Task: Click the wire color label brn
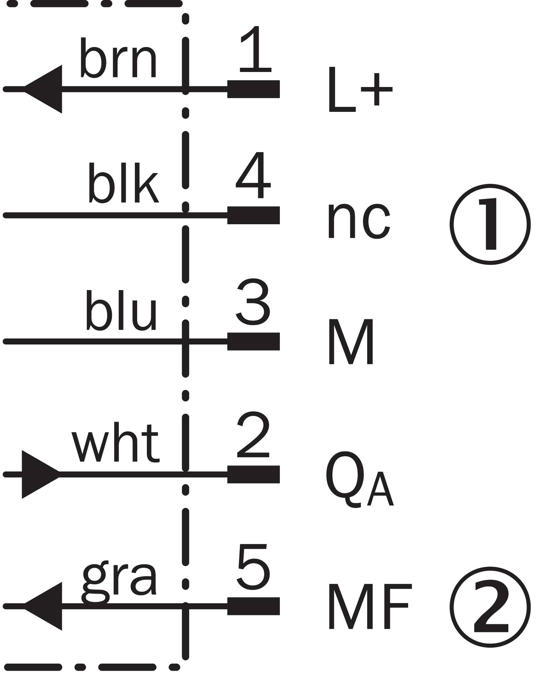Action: (118, 57)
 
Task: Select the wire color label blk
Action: (123, 182)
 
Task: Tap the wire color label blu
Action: (121, 310)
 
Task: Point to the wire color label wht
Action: (116, 442)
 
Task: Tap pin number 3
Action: (253, 302)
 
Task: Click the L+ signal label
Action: (360, 90)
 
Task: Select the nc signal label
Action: (359, 221)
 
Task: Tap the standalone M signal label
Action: (351, 342)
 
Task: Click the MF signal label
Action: (370, 606)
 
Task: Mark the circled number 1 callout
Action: (490, 224)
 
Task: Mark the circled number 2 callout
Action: (490, 607)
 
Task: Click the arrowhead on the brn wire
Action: (43, 89)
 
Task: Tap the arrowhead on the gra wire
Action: (43, 606)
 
